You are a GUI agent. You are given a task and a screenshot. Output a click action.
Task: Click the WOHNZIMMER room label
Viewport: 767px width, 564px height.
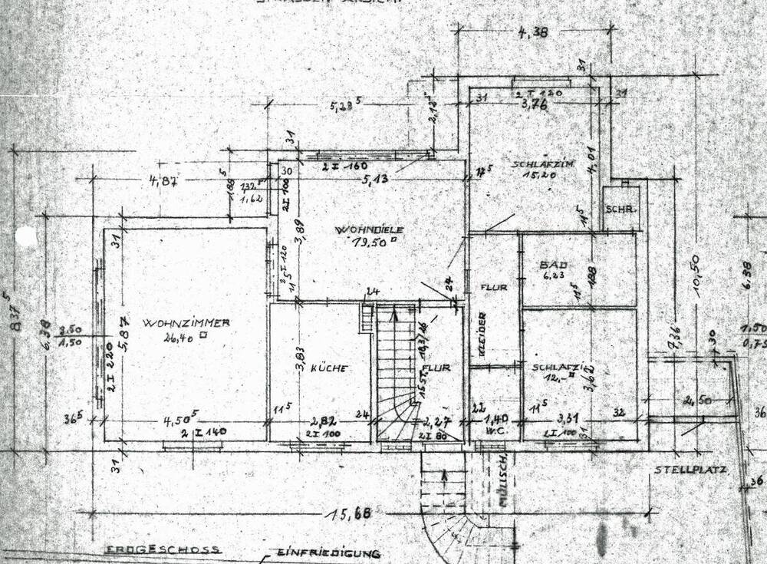pyautogui.click(x=186, y=323)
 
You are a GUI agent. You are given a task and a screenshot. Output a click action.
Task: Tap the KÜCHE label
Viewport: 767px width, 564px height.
pyautogui.click(x=330, y=368)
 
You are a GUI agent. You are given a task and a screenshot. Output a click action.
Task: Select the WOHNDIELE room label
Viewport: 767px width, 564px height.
pyautogui.click(x=379, y=229)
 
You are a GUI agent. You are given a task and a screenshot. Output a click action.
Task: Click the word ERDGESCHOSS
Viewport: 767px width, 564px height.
pyautogui.click(x=163, y=549)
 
